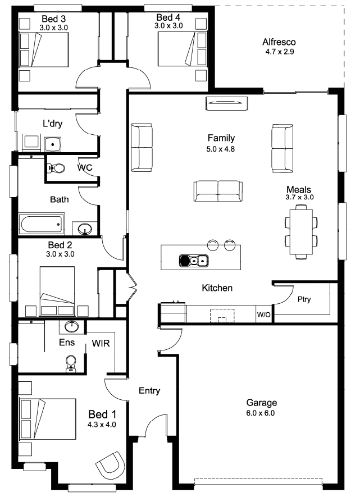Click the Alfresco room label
(279, 42)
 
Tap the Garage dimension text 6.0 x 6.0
(261, 413)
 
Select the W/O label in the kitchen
(263, 314)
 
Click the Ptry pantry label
(304, 299)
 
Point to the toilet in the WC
(56, 168)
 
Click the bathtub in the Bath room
(41, 225)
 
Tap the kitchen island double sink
(194, 261)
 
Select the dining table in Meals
(300, 232)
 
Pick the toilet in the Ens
(71, 363)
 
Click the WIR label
(101, 343)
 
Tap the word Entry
(149, 390)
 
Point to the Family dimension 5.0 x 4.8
(221, 149)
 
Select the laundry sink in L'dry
(53, 144)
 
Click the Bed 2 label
(60, 245)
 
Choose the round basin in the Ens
(72, 326)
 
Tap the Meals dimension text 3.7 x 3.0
(299, 197)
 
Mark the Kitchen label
(217, 288)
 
